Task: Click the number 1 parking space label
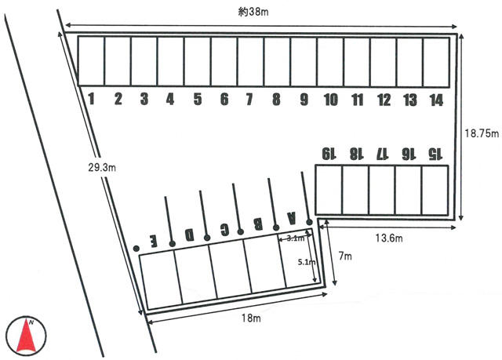click(92, 99)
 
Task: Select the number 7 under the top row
click(249, 99)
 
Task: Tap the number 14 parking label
click(436, 100)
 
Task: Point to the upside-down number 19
click(329, 154)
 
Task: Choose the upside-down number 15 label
click(435, 154)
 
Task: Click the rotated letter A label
click(291, 218)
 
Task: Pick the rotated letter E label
click(155, 241)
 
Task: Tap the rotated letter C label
click(225, 229)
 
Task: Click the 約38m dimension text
click(253, 13)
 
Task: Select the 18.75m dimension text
click(482, 133)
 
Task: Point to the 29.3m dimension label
click(102, 167)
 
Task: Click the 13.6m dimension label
click(389, 238)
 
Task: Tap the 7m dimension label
click(345, 256)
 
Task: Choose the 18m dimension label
click(251, 318)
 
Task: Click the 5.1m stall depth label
click(307, 262)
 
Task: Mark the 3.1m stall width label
click(295, 238)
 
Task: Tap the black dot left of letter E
click(136, 249)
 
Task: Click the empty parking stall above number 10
click(330, 62)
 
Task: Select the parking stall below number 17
click(382, 190)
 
